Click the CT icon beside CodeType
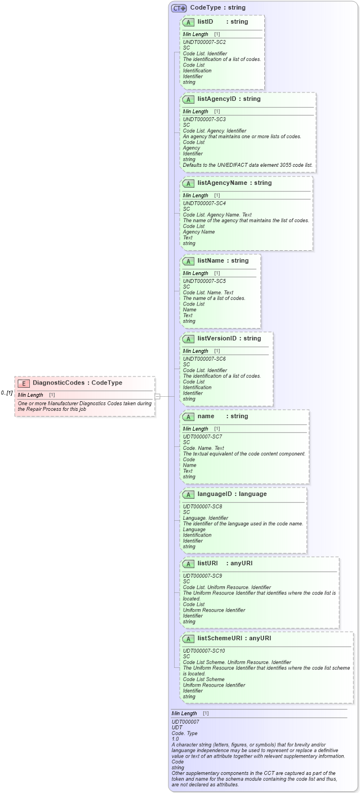(x=179, y=8)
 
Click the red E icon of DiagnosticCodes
(x=24, y=383)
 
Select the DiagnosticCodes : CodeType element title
(x=77, y=383)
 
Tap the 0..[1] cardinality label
(x=7, y=393)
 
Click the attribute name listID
(x=205, y=21)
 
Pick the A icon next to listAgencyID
(x=189, y=99)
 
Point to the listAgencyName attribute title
(x=234, y=183)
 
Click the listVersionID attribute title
(x=229, y=339)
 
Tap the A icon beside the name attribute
(x=189, y=417)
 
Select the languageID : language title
(x=232, y=494)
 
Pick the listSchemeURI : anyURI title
(x=234, y=639)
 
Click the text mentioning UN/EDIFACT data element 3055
(x=248, y=165)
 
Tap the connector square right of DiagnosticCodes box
(x=158, y=396)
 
